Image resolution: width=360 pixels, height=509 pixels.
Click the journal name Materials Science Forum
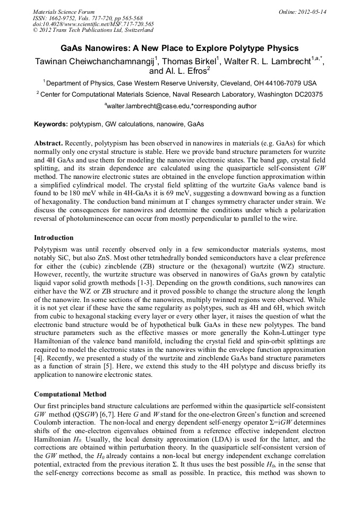coord(64,12)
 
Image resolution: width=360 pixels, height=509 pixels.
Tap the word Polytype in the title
coord(243,48)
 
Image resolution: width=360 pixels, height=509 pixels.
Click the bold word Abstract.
coord(48,144)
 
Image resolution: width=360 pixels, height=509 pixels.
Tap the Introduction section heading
coord(54,238)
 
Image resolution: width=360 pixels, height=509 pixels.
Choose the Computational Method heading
coord(70,394)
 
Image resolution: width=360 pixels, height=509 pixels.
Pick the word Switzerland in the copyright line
coord(138,31)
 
